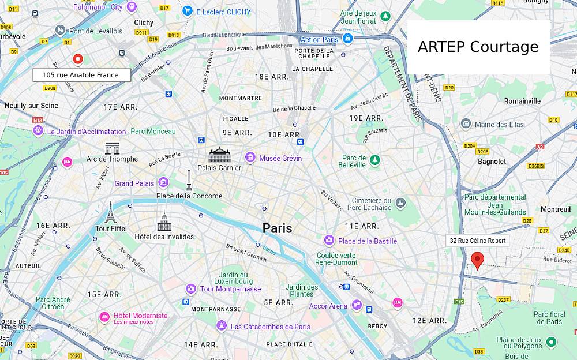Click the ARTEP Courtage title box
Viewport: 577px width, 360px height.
478,47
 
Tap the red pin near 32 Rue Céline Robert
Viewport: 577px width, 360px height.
477,260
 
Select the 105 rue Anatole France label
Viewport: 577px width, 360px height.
81,75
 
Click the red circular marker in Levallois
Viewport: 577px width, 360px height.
77,59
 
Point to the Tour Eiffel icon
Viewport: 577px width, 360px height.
110,213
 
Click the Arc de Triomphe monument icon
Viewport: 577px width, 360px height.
112,148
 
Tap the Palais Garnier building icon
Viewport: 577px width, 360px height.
219,155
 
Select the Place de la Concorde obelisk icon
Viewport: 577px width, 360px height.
189,180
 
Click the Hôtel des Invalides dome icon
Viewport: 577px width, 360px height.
164,222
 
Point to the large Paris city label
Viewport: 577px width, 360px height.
277,228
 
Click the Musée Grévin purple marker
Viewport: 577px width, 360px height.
250,157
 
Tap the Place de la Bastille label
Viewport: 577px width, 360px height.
368,241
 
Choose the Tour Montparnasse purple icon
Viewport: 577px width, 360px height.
190,288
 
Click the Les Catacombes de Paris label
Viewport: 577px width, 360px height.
270,327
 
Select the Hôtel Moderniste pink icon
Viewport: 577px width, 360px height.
104,317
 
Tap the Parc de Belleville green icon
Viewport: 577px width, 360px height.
375,160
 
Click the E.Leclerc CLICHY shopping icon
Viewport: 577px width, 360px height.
187,11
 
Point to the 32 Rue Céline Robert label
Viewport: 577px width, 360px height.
477,241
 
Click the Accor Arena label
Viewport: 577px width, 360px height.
328,306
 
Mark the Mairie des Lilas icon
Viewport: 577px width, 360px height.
466,123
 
